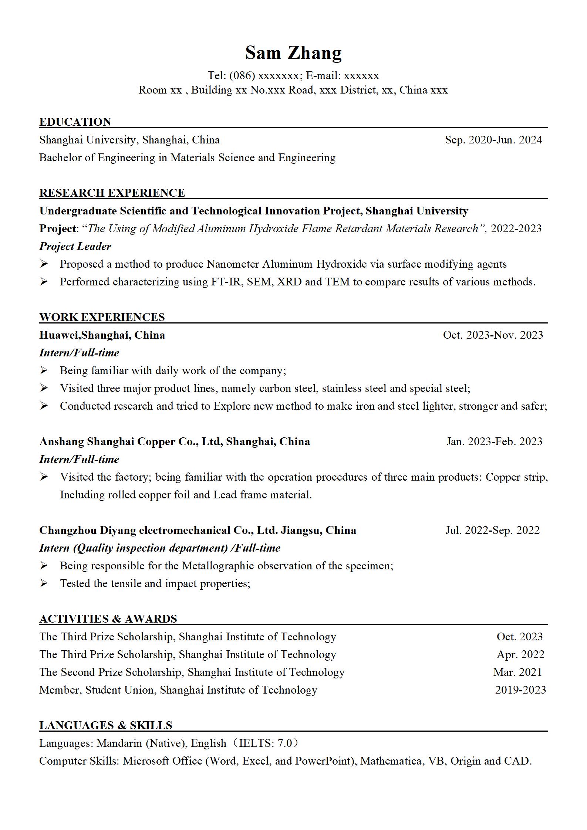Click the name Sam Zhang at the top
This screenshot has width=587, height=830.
[x=293, y=52]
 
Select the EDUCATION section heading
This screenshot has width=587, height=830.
[x=75, y=122]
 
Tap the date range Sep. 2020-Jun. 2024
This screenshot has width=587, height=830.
[x=493, y=140]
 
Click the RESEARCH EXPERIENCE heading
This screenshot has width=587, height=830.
[x=112, y=193]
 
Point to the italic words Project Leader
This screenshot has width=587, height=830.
[x=75, y=246]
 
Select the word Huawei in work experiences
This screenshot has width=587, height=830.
[x=59, y=335]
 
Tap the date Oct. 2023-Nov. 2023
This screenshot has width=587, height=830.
[x=493, y=335]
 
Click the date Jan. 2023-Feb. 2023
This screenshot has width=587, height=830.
[x=494, y=441]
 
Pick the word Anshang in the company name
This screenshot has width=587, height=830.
[x=61, y=441]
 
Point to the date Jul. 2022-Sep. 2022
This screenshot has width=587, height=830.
[x=492, y=530]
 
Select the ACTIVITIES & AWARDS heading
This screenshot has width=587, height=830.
[x=108, y=619]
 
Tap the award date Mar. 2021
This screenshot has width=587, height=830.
[x=517, y=672]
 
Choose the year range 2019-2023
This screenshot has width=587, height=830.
[x=520, y=690]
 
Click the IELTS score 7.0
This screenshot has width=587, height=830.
[x=285, y=743]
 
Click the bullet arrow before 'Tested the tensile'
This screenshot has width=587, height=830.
[x=44, y=583]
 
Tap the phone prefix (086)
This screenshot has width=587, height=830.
[x=242, y=75]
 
